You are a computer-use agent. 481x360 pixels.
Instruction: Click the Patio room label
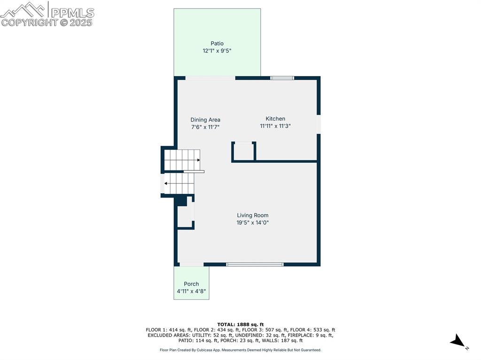(x=217, y=44)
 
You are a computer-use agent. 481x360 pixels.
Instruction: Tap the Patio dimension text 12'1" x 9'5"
(x=217, y=51)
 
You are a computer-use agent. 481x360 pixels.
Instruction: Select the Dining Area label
(x=205, y=120)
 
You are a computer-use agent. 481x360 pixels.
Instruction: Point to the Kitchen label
(x=275, y=119)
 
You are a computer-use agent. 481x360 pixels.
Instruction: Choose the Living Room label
(x=253, y=215)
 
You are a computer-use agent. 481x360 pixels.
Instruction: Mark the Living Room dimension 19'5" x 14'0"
(x=253, y=223)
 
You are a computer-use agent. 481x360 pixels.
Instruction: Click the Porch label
(x=191, y=284)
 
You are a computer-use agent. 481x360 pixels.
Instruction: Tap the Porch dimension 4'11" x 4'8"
(x=191, y=291)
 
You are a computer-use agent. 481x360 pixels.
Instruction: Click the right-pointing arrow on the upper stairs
(x=198, y=160)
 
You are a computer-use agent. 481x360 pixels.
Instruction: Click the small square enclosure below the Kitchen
(x=244, y=151)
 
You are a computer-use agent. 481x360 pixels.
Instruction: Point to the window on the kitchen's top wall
(x=282, y=78)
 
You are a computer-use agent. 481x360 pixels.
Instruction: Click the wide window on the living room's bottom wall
(x=255, y=265)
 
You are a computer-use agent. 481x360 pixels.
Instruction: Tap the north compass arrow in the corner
(x=458, y=342)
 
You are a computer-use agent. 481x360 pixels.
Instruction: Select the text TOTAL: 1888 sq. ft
(x=240, y=324)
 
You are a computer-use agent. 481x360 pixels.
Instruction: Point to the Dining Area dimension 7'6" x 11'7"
(x=205, y=127)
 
